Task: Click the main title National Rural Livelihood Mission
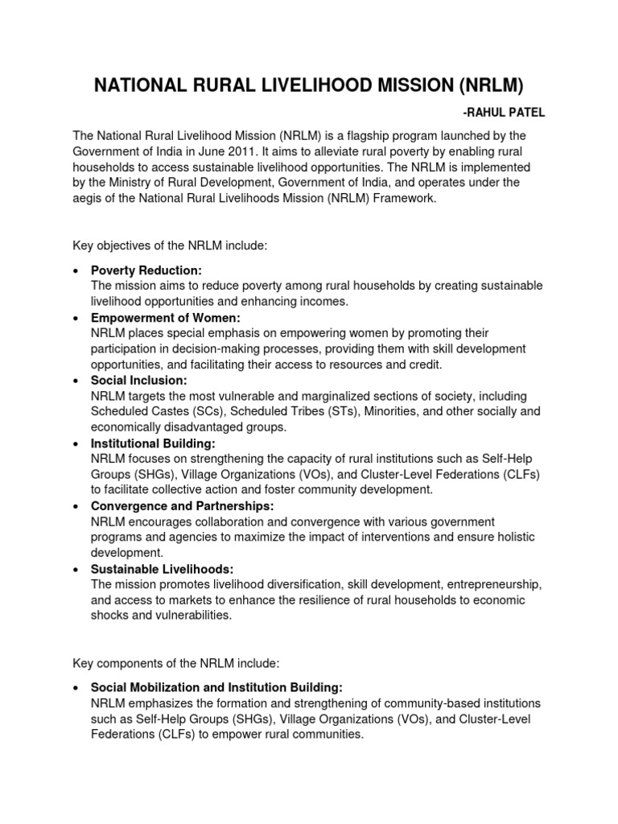coord(308,85)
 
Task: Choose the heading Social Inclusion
coord(139,381)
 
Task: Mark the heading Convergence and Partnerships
coord(183,506)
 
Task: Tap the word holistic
coord(513,537)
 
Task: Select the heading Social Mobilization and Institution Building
coord(217,687)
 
